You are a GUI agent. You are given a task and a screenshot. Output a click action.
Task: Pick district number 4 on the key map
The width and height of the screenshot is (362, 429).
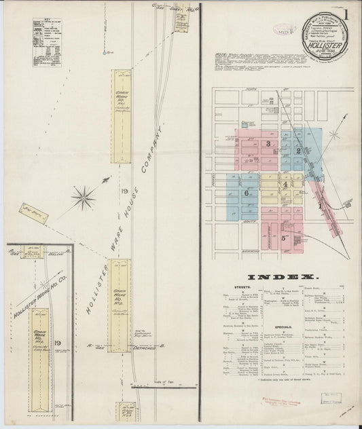(286, 183)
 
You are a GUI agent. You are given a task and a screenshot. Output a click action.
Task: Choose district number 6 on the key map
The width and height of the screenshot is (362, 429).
(246, 193)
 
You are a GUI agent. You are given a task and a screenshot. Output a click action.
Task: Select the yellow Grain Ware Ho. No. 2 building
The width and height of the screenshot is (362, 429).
(120, 295)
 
